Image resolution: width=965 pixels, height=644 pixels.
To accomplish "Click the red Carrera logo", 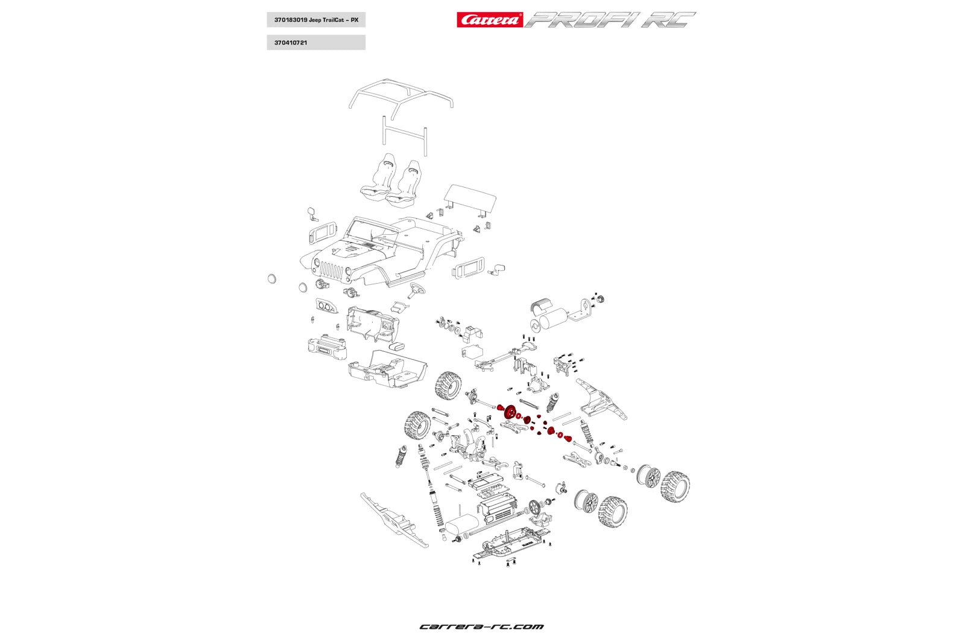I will (489, 20).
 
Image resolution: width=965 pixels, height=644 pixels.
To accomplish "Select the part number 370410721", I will (291, 43).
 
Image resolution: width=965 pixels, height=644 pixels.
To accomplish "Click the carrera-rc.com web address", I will (481, 626).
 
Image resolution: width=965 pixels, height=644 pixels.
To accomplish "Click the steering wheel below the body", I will (416, 290).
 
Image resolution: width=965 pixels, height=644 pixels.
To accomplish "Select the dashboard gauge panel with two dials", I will (326, 306).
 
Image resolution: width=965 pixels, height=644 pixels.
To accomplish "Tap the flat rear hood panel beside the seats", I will (471, 199).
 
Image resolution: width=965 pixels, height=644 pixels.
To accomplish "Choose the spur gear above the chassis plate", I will (534, 507).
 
